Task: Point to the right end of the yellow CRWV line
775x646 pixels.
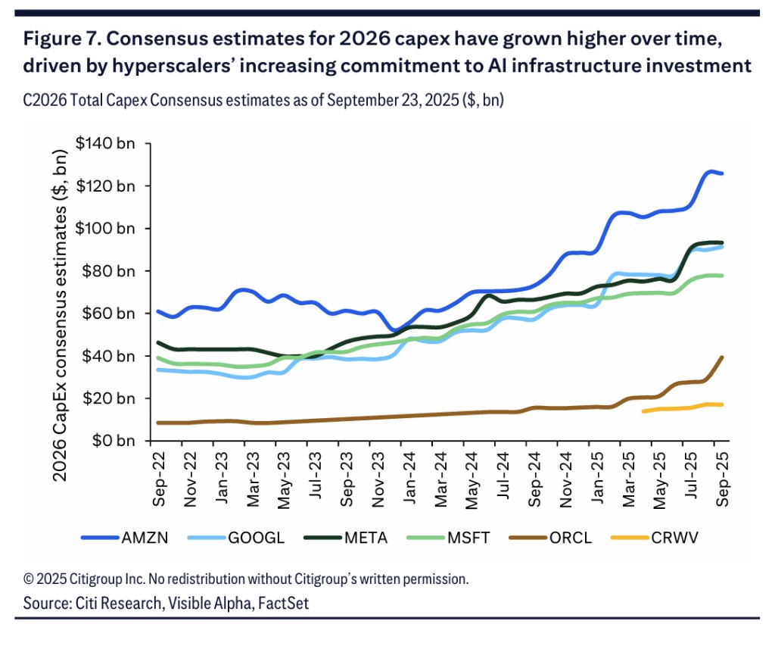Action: pos(722,404)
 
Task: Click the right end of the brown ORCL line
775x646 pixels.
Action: pos(723,357)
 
